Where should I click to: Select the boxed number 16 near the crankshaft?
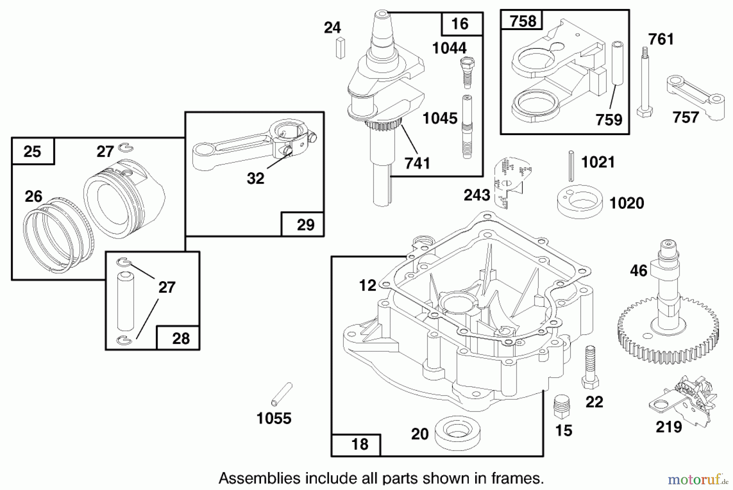point(460,24)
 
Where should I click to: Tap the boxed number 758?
point(522,21)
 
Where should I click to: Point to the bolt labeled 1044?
point(467,72)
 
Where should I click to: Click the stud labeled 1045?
point(467,126)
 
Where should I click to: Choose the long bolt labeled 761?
point(644,81)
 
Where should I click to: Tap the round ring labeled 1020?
point(579,201)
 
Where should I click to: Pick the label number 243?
point(477,195)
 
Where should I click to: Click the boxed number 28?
point(181,338)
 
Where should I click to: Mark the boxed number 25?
point(32,152)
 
